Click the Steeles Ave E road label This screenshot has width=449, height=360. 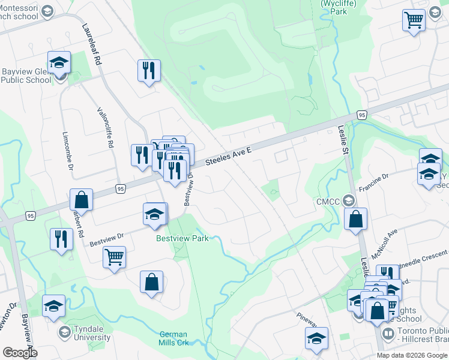click(228, 157)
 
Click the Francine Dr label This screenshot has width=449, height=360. click(374, 182)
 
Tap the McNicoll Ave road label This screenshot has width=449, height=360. click(384, 244)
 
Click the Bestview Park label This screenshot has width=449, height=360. click(182, 238)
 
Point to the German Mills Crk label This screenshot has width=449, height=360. click(173, 338)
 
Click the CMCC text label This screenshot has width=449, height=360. click(328, 202)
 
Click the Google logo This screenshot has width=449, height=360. click(20, 353)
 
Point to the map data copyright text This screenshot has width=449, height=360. click(412, 355)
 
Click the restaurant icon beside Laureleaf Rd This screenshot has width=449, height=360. click(148, 71)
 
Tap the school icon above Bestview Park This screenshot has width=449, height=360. click(155, 214)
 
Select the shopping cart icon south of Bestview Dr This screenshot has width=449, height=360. click(114, 257)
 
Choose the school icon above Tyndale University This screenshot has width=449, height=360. click(54, 305)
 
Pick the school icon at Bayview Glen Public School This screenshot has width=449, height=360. click(59, 62)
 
